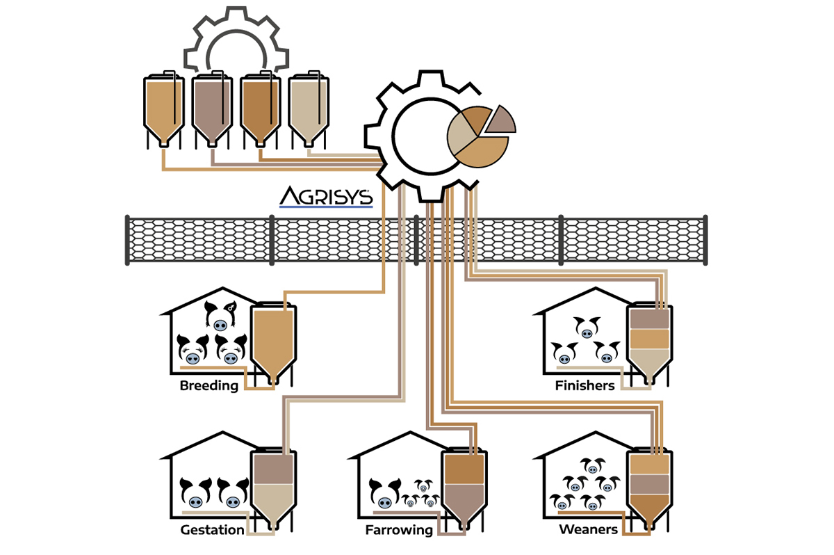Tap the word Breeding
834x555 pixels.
coord(208,385)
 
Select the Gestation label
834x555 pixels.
coord(212,530)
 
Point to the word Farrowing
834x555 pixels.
coord(399,530)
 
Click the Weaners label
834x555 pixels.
coord(588,530)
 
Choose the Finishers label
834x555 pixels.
coord(584,385)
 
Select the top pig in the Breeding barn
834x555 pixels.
coord(220,316)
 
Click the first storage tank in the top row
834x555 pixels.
coord(163,108)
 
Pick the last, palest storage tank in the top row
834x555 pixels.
coord(309,108)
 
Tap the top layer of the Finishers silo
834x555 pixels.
coord(648,318)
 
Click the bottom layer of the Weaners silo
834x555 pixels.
coord(648,508)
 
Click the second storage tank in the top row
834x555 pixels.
coord(212,108)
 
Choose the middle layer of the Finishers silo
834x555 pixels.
coord(648,338)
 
